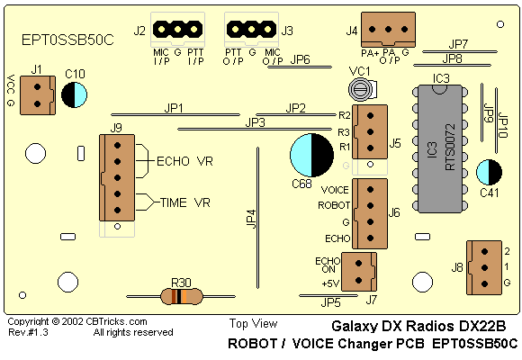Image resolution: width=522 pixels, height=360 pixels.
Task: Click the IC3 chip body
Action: (x=440, y=148)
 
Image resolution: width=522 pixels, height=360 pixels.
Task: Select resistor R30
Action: (x=182, y=296)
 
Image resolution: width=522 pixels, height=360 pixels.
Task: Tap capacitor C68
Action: (x=311, y=155)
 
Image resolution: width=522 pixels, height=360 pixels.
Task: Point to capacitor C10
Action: (x=74, y=94)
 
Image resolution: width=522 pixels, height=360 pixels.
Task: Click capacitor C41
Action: (x=489, y=172)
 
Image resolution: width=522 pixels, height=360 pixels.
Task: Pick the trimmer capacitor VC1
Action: (x=362, y=89)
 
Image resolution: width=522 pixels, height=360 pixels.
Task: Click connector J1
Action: (x=38, y=95)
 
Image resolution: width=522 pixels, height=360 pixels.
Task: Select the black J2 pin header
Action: (x=178, y=30)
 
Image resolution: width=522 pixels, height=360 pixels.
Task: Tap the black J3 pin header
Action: (x=251, y=30)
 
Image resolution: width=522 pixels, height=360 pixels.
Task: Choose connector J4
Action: (x=388, y=30)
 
